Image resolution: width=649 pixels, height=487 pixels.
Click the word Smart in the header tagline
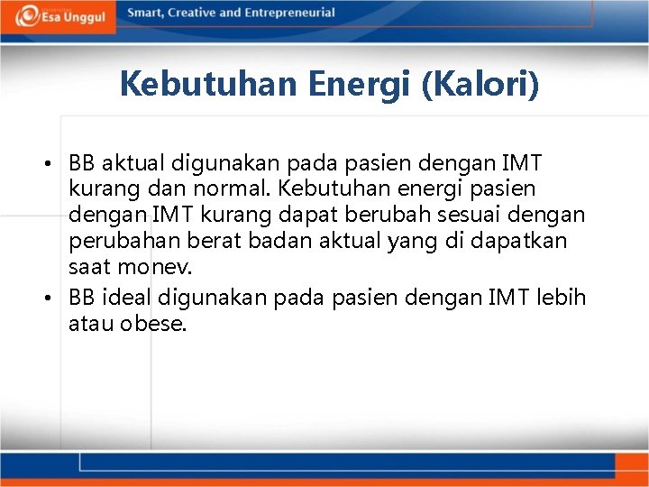(147, 13)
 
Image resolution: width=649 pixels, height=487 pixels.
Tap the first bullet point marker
(57, 164)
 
